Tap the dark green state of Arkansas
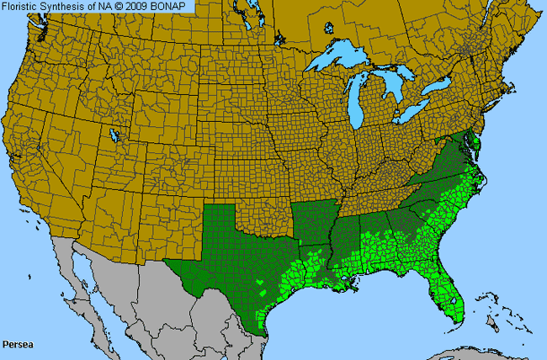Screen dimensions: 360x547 [x=313, y=223]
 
